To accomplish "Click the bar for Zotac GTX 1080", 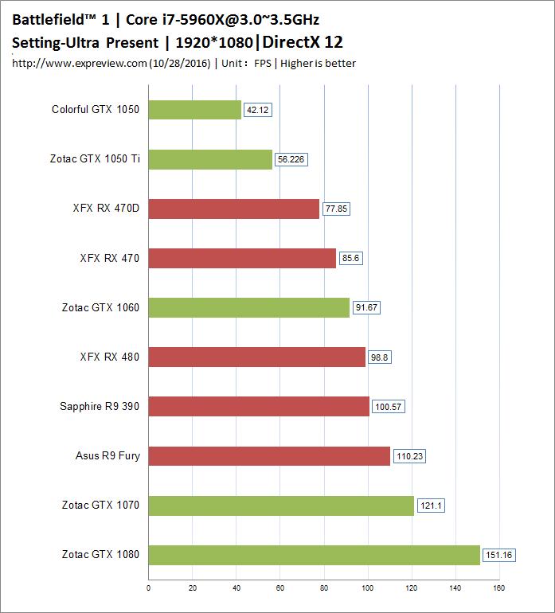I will pos(314,555).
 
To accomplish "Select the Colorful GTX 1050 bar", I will pos(194,110).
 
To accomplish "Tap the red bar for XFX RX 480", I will pos(256,357).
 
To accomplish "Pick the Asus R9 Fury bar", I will pos(269,456).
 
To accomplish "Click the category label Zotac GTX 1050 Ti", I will pos(95,159).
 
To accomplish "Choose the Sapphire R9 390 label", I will pos(100,407).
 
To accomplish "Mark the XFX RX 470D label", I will pos(106,209).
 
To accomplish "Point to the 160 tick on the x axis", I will pos(498,588).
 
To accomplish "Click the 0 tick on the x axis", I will pos(149,588).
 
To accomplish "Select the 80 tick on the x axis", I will pos(324,588).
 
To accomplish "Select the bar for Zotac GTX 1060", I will pos(248,307).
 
